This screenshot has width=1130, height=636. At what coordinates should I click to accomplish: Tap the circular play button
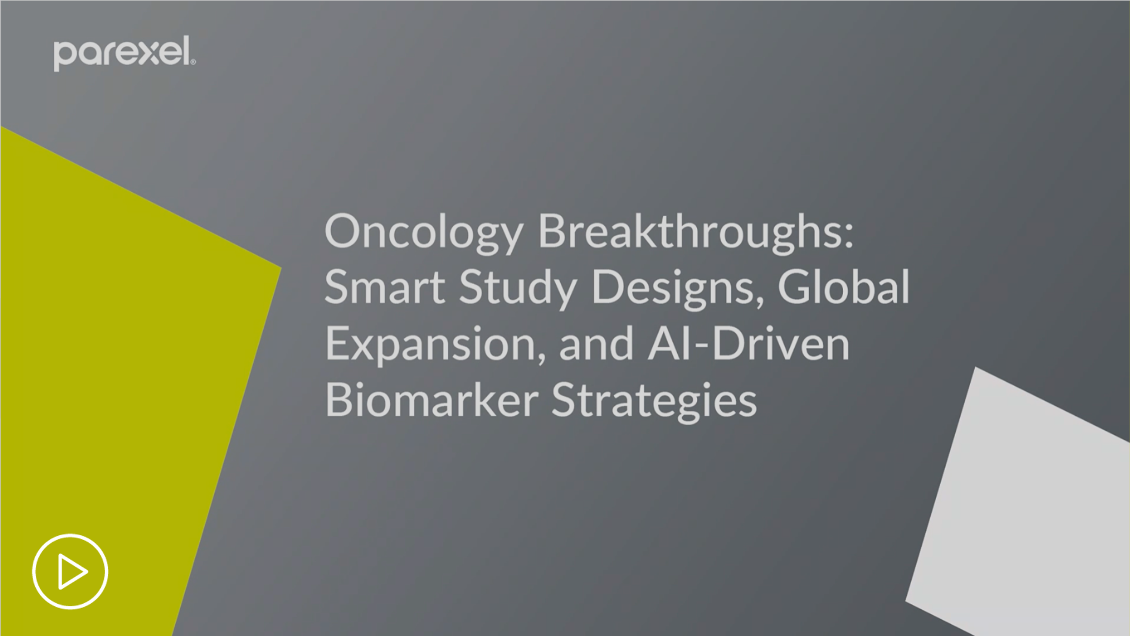tap(70, 572)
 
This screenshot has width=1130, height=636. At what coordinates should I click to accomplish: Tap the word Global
tap(844, 286)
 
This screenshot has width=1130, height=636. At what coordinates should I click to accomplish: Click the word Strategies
tap(654, 401)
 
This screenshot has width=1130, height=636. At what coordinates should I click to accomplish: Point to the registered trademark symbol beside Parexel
tap(193, 61)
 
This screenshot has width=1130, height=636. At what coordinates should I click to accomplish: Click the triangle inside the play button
tap(72, 572)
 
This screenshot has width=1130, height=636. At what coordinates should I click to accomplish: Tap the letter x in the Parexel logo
tap(149, 54)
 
